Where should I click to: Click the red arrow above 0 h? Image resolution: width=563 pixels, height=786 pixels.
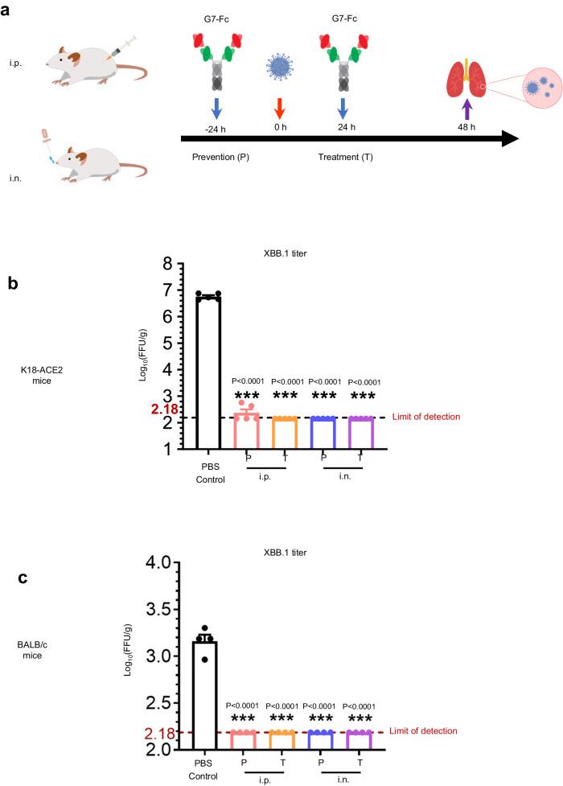click(278, 108)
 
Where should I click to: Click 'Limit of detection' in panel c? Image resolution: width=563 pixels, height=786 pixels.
click(423, 731)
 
